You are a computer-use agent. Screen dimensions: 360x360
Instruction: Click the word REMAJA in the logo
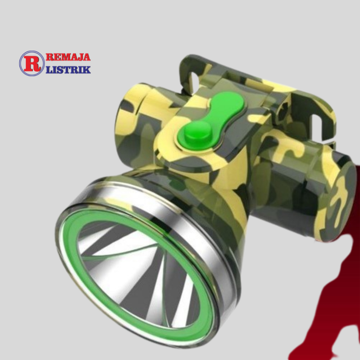coord(68,57)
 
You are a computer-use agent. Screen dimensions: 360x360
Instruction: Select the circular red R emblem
coord(32,64)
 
